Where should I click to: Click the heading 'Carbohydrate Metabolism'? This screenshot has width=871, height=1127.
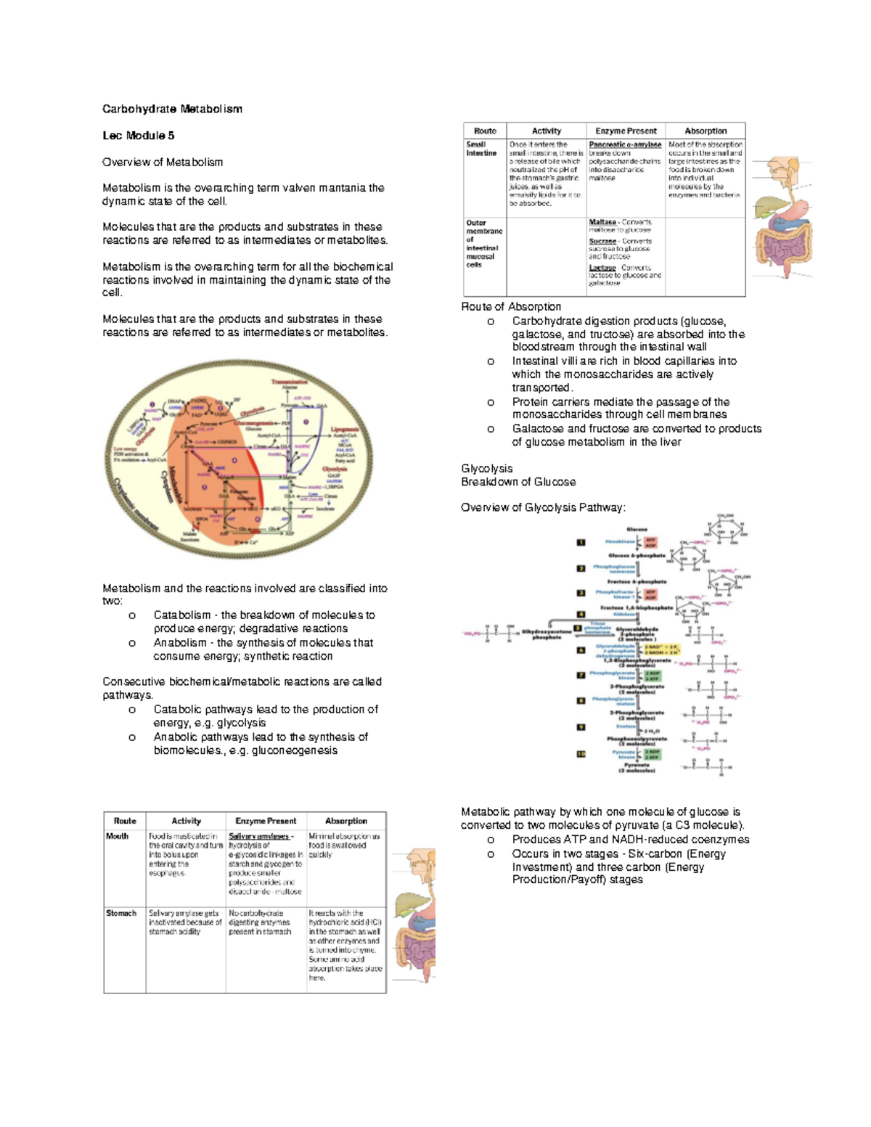coord(172,109)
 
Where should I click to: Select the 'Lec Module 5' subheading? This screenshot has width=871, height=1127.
coord(138,136)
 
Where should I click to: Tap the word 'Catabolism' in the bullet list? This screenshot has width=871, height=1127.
coord(181,615)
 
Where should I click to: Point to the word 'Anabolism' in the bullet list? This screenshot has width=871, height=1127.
coord(180,642)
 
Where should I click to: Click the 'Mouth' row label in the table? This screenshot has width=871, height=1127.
coord(117,836)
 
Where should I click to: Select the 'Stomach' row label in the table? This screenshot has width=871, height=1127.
coord(121,913)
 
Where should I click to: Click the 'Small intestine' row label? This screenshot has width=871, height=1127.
coord(481,149)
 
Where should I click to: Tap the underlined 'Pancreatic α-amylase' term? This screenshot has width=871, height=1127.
coord(625,144)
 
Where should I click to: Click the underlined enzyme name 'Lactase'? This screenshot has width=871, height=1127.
coord(602,268)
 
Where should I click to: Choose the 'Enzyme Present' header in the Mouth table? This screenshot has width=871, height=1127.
coord(266,821)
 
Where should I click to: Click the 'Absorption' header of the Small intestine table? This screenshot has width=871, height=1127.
coord(706,131)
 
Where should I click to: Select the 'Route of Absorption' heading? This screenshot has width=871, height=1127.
coord(511,306)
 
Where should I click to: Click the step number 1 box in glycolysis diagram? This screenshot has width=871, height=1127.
coord(581,542)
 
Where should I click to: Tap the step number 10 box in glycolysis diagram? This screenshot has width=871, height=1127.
coord(581,754)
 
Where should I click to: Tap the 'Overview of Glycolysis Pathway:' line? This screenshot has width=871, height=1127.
coord(543,507)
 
